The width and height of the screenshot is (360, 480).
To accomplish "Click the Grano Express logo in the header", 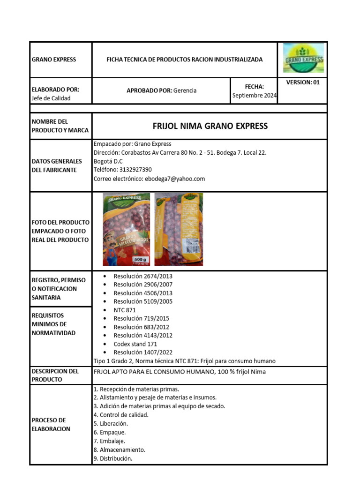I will point(304,60).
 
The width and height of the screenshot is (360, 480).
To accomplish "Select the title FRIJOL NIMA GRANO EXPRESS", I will point(210,126).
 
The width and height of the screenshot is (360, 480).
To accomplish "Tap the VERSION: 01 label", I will point(303,82).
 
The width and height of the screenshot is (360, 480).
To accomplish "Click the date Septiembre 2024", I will point(255,96).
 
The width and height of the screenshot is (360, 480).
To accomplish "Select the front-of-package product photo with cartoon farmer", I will point(127,230).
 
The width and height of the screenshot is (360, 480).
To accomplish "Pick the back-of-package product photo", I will point(179,230).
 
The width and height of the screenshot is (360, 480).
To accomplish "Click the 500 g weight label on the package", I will point(140,259).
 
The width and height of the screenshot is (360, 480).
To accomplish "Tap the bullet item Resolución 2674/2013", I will point(143,276).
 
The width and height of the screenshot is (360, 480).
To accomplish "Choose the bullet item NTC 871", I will point(125,310).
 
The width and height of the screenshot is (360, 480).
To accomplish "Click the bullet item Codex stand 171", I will point(135,344).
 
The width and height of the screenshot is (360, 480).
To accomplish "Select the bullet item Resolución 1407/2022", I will point(143,352).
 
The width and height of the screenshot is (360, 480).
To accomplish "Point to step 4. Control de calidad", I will point(121,415).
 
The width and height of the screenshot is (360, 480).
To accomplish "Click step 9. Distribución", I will point(113,458).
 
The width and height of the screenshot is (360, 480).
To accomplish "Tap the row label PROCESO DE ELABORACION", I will point(51,424).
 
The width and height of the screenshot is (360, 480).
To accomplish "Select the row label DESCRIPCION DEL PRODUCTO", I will point(55,375).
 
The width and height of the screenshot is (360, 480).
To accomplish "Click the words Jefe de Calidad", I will point(51,98).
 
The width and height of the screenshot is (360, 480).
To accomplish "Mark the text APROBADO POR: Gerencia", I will point(161,90).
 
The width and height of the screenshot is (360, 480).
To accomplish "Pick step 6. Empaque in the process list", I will point(110,432).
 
